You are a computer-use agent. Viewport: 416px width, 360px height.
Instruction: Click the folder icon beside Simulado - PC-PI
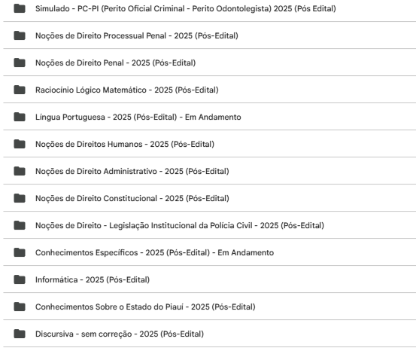tap(19, 9)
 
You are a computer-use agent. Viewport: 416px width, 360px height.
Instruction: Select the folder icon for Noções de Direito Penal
tap(19, 63)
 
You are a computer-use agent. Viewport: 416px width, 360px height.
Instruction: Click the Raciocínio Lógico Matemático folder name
tap(126, 90)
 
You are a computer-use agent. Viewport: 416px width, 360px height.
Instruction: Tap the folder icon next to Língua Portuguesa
tap(19, 117)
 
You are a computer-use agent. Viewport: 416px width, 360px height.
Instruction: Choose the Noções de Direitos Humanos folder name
tap(125, 145)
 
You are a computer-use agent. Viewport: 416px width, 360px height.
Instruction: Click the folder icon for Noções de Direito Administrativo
tap(19, 172)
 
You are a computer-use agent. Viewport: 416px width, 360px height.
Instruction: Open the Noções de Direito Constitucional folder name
tap(132, 199)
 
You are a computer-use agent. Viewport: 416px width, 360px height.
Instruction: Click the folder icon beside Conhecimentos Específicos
tap(19, 253)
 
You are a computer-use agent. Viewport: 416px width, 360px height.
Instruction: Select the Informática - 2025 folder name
tap(93, 280)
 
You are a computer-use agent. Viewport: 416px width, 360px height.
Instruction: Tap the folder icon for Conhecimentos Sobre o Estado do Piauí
tap(19, 307)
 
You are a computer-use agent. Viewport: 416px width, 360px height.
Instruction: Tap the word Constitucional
tap(131, 199)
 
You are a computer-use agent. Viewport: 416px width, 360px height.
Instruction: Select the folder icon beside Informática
tap(19, 280)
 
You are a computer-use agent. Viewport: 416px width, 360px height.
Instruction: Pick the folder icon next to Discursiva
tap(19, 334)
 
